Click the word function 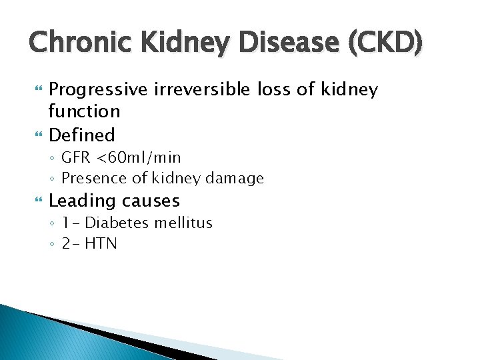(x=85, y=111)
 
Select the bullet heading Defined (x=82, y=135)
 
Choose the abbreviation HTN (x=101, y=243)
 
